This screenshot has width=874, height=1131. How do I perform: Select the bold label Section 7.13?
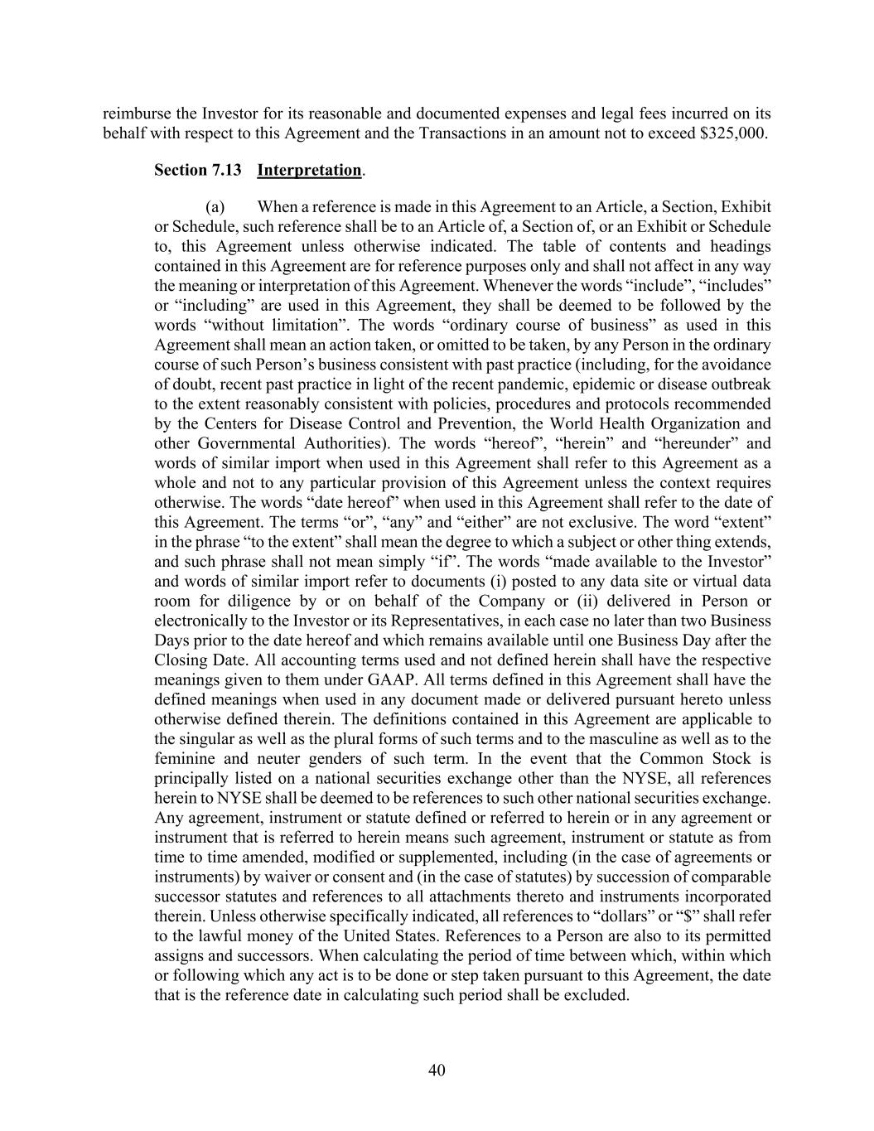[x=198, y=171]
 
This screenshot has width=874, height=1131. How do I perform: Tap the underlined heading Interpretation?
[x=309, y=171]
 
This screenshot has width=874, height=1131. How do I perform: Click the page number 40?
[x=437, y=1070]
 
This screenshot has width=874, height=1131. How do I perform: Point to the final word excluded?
[x=596, y=995]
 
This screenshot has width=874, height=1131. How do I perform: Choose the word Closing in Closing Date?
[x=180, y=660]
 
